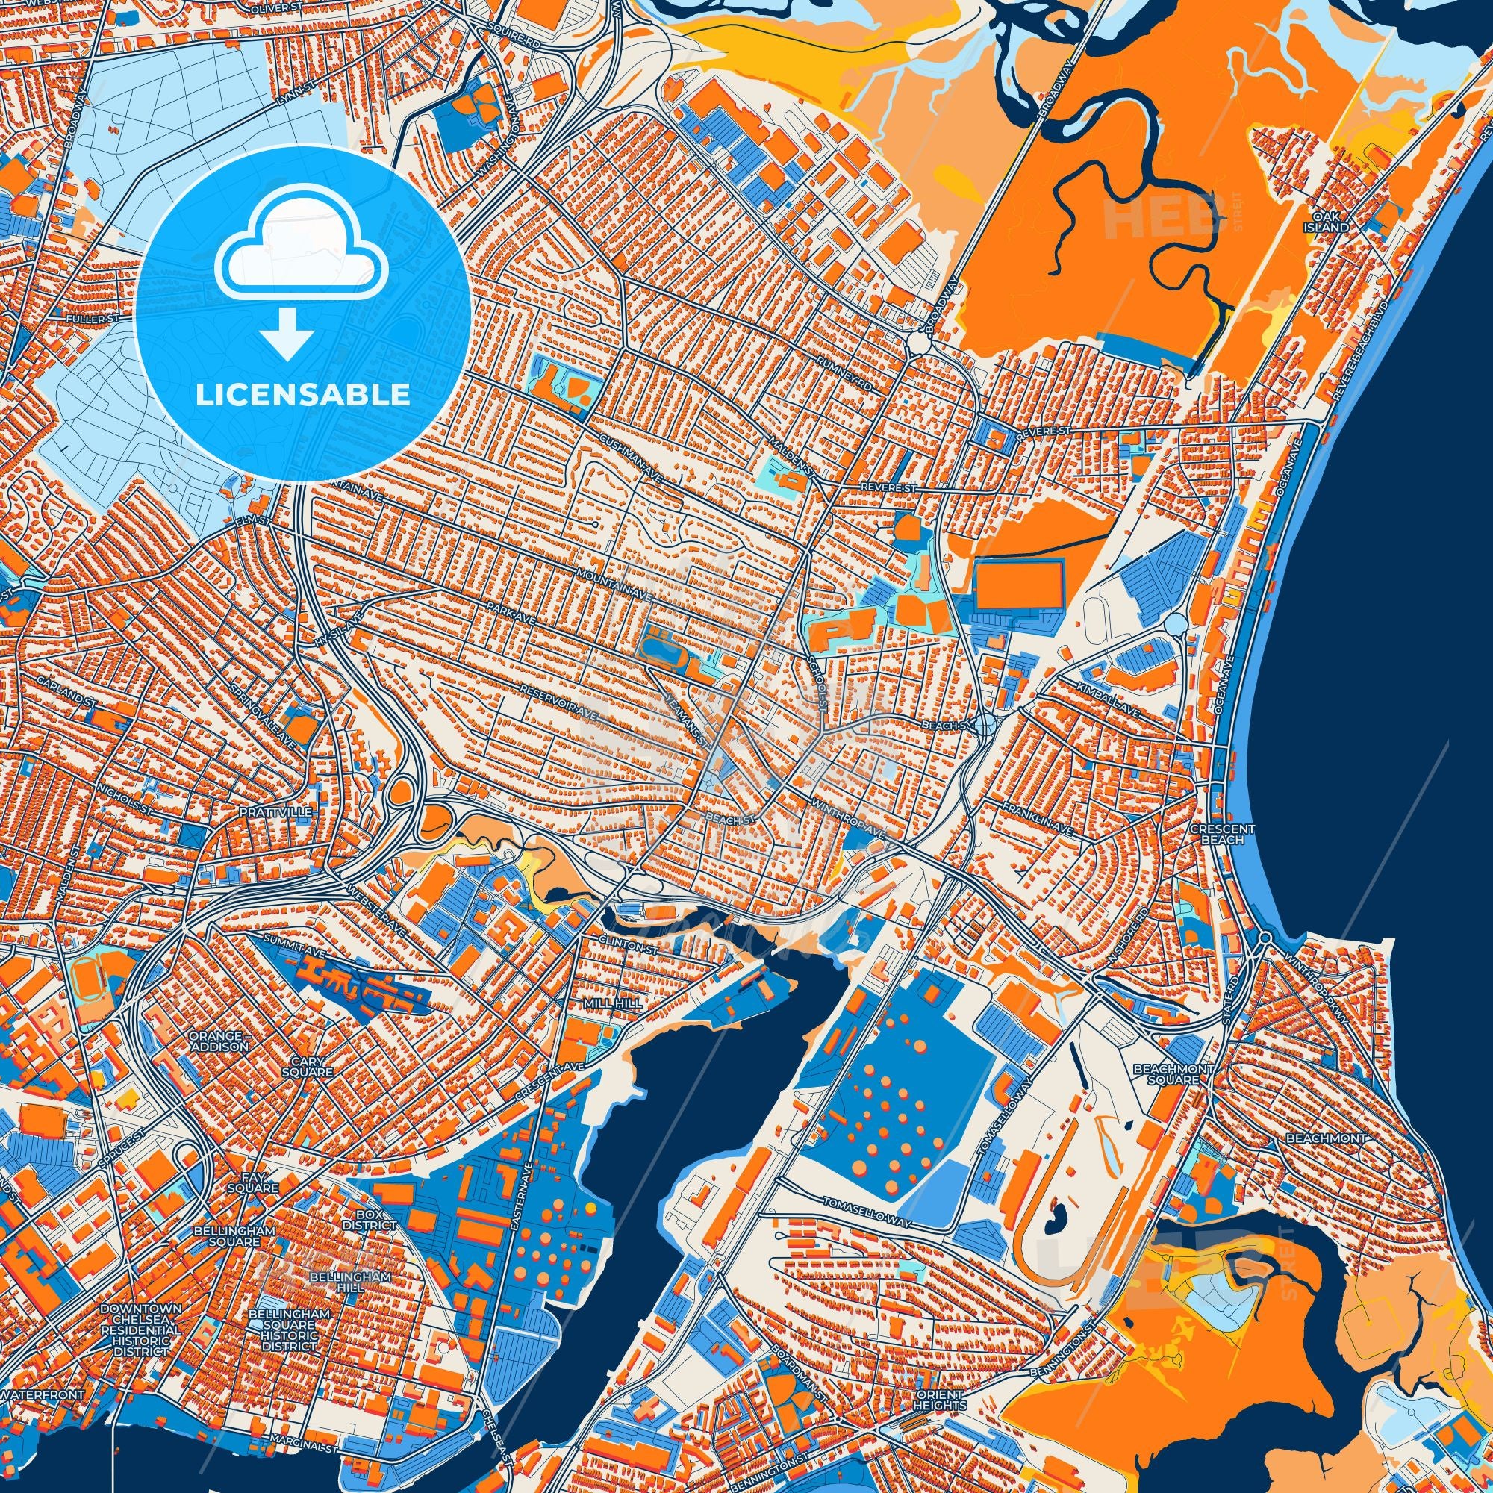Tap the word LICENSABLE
(303, 395)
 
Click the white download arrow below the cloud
(287, 333)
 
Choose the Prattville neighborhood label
(265, 813)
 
